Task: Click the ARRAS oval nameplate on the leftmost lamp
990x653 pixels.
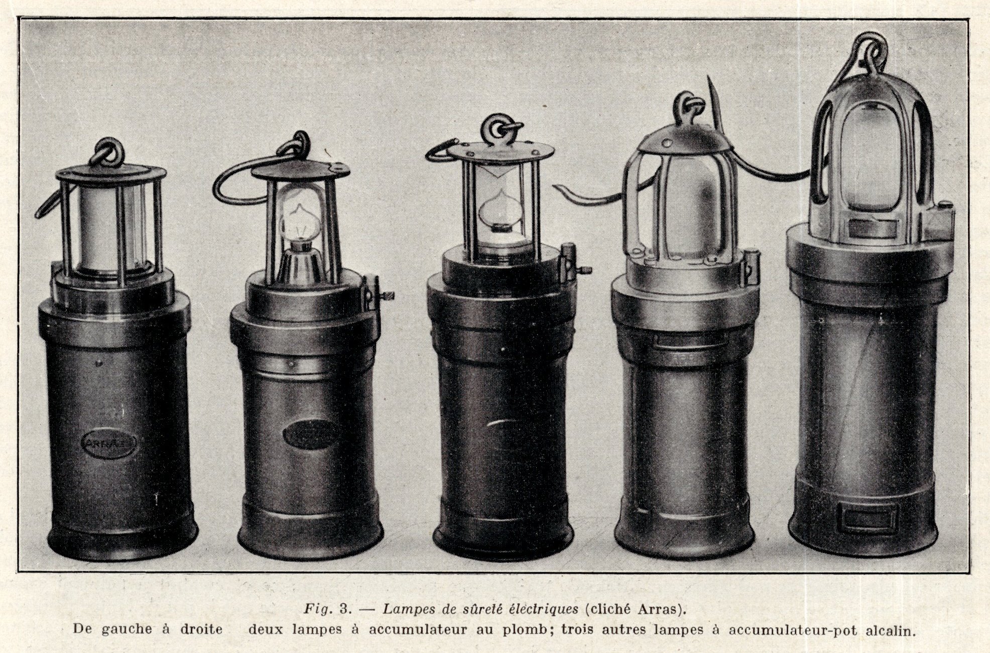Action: pos(109,443)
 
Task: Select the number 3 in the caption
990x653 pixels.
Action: pos(344,609)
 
